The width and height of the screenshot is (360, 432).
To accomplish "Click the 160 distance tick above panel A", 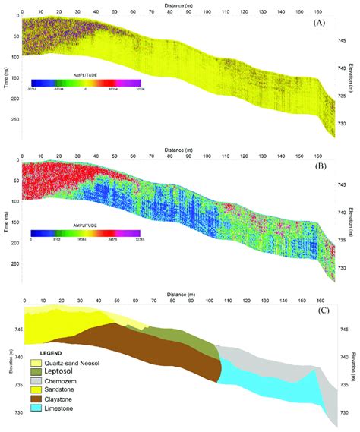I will pos(317,13).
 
